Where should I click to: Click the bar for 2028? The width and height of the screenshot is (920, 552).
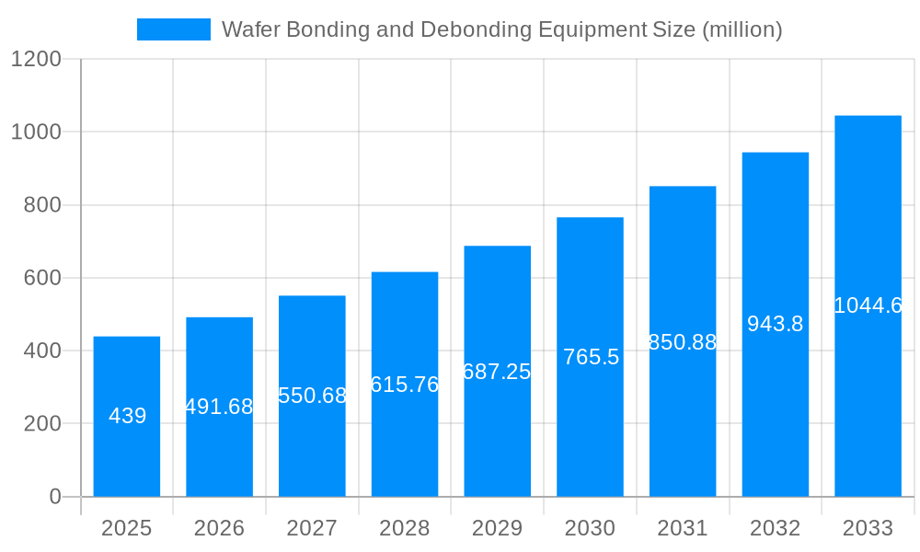coord(405,442)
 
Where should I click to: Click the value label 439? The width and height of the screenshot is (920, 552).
coord(127,416)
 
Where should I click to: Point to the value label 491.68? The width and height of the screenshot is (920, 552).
coord(219,407)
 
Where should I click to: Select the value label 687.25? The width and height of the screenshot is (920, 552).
coord(497,372)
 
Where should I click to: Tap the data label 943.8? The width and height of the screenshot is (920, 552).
coord(775,324)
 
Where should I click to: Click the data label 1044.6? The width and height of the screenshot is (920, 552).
coord(868,305)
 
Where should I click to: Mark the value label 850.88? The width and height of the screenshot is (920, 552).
coord(682,342)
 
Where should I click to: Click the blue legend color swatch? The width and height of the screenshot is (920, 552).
coord(173,29)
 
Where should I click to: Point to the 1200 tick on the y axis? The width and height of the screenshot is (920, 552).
coord(35,59)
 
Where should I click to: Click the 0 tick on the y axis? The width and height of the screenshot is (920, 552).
coord(54,497)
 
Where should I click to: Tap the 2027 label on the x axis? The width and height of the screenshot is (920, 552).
coord(312,528)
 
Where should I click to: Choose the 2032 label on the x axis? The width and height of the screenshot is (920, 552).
coord(775,528)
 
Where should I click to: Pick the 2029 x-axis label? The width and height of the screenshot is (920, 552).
coord(497,528)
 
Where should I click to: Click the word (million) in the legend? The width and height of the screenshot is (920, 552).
coord(742,29)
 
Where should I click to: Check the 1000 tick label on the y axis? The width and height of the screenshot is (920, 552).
coord(35,132)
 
